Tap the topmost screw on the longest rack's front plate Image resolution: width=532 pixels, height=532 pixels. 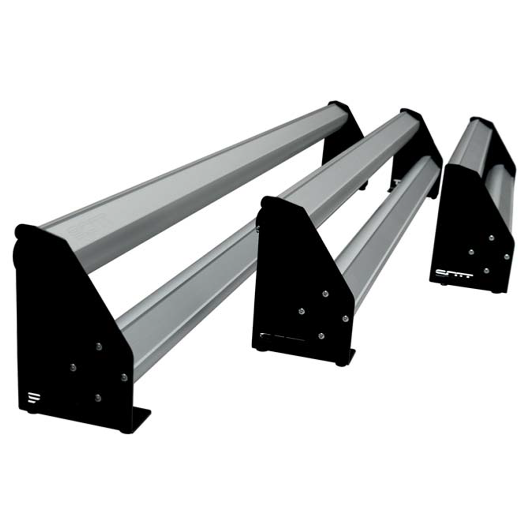(99, 346)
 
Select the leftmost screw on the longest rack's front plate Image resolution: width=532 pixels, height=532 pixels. (73, 367)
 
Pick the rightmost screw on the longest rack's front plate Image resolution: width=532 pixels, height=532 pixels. (124, 377)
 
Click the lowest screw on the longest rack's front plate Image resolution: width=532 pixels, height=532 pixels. (98, 398)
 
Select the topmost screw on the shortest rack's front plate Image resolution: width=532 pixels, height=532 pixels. (491, 238)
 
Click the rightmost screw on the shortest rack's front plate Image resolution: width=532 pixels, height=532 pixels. (506, 257)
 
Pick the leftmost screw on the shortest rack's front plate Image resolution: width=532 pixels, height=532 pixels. (471, 252)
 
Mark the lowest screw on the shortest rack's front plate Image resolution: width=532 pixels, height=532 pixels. (486, 271)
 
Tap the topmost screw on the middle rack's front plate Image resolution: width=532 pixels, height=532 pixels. (325, 294)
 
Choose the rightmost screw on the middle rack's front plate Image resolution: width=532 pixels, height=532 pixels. (345, 318)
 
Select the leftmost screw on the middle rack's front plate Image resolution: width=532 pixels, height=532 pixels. (301, 311)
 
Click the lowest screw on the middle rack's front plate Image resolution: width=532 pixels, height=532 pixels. (321, 336)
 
